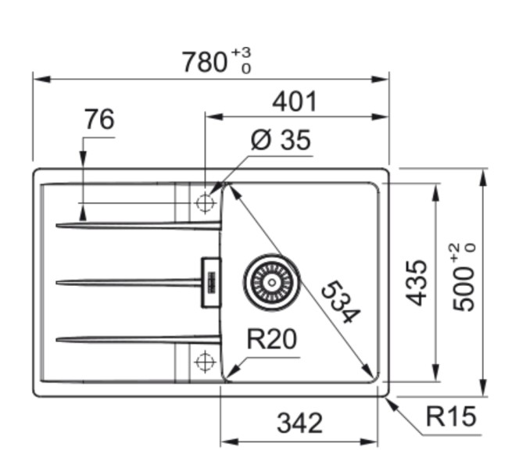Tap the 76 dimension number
pos(99,120)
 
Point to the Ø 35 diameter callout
pos(281,141)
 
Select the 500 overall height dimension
pos(465,277)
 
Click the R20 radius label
pos(271,341)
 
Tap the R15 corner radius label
pos(451,417)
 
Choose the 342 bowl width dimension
pos(299,423)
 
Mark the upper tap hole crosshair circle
pos(205,203)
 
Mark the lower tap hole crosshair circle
pos(205,361)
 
